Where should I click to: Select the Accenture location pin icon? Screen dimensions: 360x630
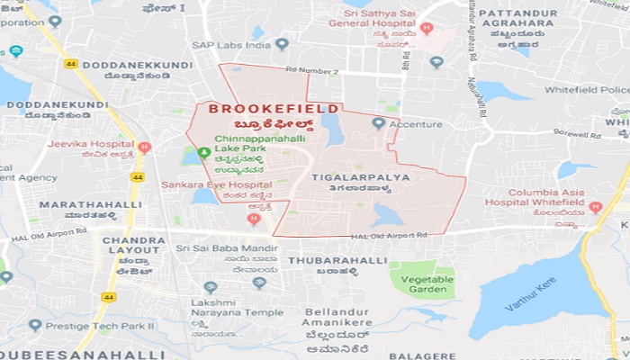[378, 122]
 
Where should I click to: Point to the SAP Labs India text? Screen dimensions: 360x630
[230, 43]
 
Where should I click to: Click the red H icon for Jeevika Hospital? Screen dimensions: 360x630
[145, 147]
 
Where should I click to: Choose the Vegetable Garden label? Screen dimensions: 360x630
[422, 283]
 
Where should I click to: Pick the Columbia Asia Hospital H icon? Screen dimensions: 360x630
[594, 207]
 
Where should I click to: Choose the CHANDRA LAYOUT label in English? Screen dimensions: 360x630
[133, 246]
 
